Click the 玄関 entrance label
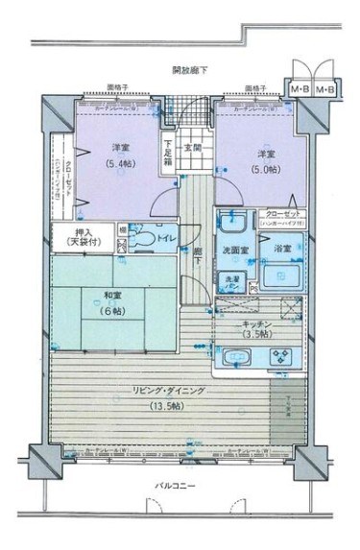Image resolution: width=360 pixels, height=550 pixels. [191, 147]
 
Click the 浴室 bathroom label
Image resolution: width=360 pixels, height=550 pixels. [285, 251]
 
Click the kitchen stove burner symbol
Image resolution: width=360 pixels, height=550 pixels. [284, 360]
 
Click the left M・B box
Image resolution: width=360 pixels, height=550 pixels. [300, 90]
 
